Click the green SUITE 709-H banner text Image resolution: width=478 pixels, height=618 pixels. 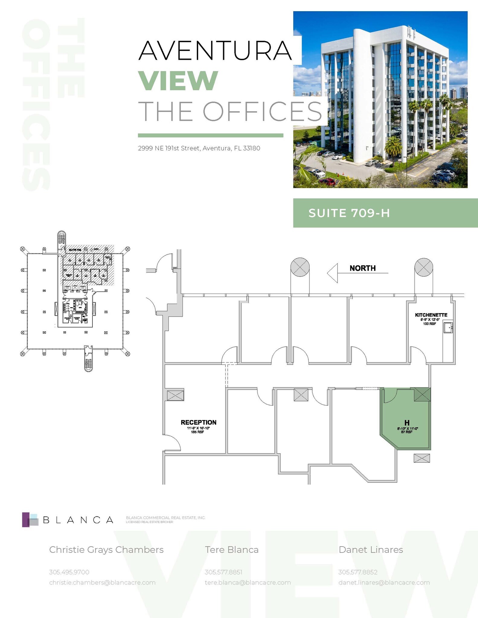pyautogui.click(x=349, y=213)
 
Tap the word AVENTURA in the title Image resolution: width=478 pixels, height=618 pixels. pyautogui.click(x=215, y=51)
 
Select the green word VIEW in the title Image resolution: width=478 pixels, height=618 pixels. pyautogui.click(x=178, y=81)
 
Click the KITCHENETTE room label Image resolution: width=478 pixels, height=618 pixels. pyautogui.click(x=431, y=315)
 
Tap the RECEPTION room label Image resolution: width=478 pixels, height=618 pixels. pyautogui.click(x=198, y=422)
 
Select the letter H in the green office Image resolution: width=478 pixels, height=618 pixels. pyautogui.click(x=407, y=423)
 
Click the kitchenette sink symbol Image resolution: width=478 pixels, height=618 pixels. pyautogui.click(x=448, y=327)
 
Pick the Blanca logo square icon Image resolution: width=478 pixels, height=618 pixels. pyautogui.click(x=30, y=520)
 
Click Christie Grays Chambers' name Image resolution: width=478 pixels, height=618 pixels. pyautogui.click(x=106, y=550)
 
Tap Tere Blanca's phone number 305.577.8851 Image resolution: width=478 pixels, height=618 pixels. pyautogui.click(x=223, y=572)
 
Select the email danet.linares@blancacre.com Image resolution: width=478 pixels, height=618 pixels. pyautogui.click(x=384, y=583)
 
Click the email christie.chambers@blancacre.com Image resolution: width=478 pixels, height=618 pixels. pyautogui.click(x=102, y=583)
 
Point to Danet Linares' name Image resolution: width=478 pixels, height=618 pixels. pyautogui.click(x=371, y=550)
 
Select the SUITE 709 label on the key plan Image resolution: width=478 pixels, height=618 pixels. pyautogui.click(x=75, y=250)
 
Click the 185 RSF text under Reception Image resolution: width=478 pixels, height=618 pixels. pyautogui.click(x=197, y=432)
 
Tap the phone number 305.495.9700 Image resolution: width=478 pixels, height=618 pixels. pyautogui.click(x=69, y=572)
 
